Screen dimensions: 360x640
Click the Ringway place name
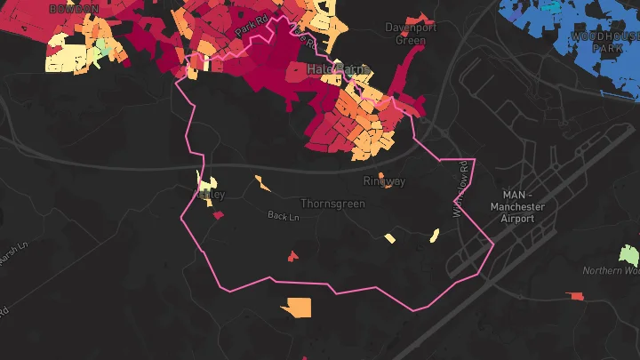[x=384, y=181]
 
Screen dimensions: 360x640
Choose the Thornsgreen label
[x=332, y=204]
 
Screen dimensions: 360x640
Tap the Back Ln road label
[x=284, y=216]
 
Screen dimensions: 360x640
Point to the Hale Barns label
[x=338, y=69]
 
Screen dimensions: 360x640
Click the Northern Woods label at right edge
[x=612, y=271]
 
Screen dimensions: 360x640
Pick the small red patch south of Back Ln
[x=292, y=257]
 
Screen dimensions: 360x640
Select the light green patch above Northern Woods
[x=629, y=253]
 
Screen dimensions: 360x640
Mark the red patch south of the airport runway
[x=577, y=296]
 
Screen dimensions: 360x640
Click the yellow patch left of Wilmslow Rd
[x=435, y=236]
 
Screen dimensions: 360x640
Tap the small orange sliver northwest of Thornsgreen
[x=262, y=184]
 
